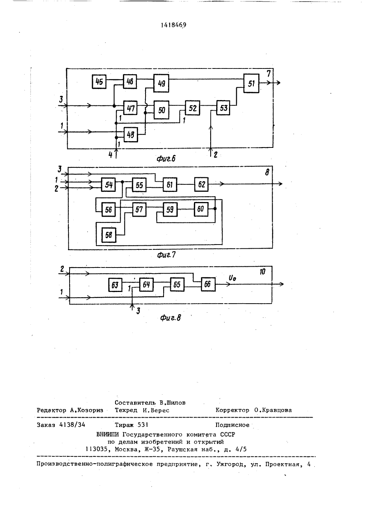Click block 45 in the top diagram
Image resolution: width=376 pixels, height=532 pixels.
point(99,82)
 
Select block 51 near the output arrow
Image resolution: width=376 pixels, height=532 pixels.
point(251,84)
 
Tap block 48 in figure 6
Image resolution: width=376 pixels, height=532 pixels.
point(130,135)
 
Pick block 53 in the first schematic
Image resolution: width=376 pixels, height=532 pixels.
point(223,108)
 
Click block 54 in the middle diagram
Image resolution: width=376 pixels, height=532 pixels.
point(109,184)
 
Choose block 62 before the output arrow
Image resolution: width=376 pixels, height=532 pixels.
point(201,184)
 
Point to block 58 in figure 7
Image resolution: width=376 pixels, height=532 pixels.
point(109,235)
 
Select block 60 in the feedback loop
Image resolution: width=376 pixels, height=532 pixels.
point(201,209)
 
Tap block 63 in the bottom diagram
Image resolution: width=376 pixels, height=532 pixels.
point(115,284)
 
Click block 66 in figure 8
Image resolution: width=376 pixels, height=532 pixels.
point(208,284)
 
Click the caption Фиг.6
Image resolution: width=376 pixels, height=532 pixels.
point(166,159)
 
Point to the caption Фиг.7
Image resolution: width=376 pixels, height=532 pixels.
point(166,255)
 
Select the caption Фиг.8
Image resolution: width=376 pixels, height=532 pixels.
point(170,318)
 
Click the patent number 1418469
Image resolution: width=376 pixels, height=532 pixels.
point(173,25)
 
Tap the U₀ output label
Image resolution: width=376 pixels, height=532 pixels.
point(232,278)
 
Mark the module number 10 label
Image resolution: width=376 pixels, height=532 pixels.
point(262,272)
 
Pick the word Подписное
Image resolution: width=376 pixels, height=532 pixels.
point(232,425)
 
